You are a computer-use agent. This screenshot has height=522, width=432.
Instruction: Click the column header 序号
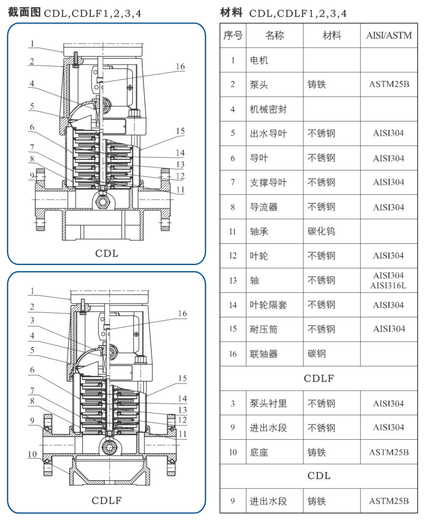pos(233,35)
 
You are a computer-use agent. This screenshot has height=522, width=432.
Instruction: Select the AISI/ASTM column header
pos(389,35)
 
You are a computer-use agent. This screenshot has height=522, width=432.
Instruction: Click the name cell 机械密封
pos(268,109)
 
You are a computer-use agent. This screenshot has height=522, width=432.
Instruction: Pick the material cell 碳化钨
pos(321,231)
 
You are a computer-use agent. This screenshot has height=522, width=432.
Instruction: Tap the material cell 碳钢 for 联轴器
pos(317,354)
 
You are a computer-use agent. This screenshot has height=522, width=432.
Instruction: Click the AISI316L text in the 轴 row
pos(389,286)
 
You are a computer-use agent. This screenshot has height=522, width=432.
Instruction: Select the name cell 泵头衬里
pos(268,403)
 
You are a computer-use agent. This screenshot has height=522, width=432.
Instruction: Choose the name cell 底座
pos(259,452)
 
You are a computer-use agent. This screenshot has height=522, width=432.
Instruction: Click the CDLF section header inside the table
pos(319,378)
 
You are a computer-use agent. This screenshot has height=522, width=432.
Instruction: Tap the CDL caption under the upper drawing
pos(107,254)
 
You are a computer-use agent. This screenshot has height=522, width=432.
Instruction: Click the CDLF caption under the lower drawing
pos(107,500)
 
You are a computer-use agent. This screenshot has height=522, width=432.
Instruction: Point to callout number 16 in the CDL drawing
pos(180,66)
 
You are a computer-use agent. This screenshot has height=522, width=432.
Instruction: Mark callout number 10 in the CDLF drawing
pos(32,454)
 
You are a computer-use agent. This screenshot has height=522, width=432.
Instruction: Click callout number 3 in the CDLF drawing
pos(32,320)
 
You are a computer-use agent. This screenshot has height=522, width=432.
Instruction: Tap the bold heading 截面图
pos(24,12)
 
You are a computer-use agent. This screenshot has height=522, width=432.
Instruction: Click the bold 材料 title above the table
pos(231,13)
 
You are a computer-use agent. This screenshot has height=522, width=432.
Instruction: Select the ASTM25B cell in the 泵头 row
pos(389,84)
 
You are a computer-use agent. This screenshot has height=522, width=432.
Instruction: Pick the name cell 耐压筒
pos(263,329)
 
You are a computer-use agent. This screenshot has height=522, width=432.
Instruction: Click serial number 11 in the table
pos(233,231)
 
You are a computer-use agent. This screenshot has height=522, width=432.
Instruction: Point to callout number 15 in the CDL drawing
pos(180,131)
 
